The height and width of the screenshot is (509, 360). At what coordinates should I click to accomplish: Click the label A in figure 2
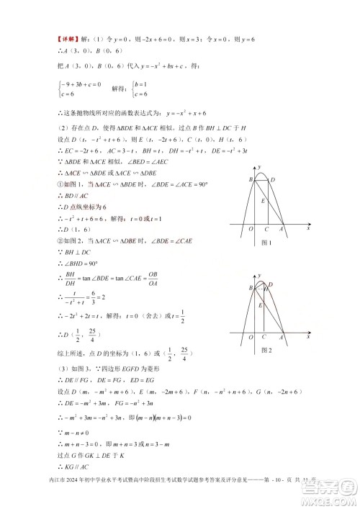pyautogui.click(x=282, y=336)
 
